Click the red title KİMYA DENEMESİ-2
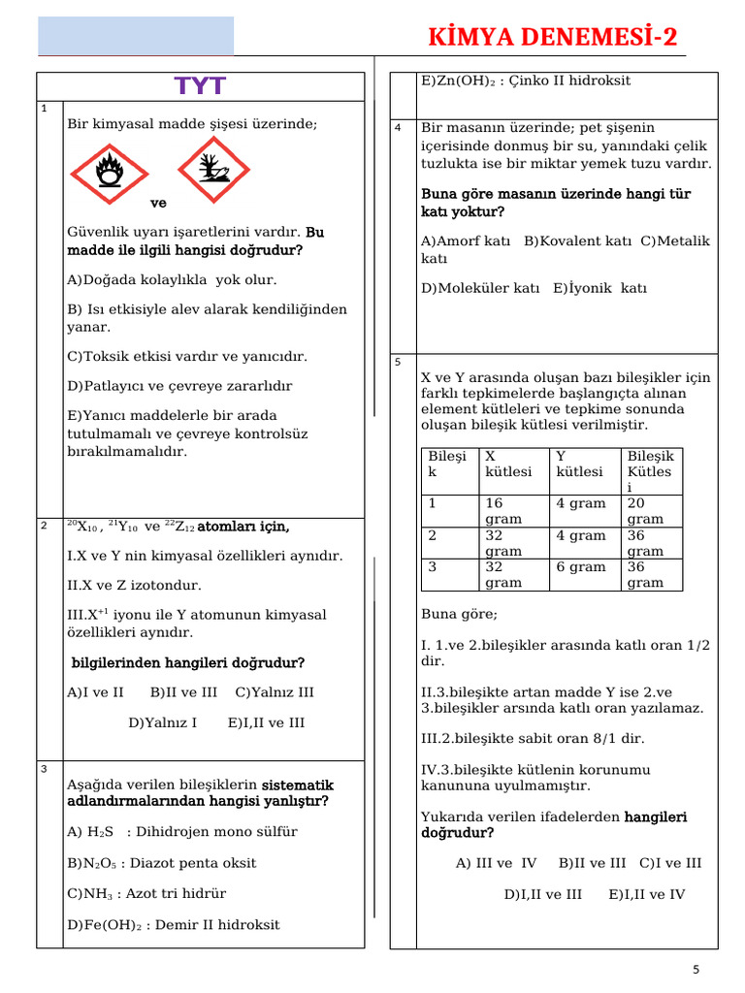[x=553, y=38]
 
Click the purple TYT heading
[x=200, y=86]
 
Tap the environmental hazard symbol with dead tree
[x=213, y=171]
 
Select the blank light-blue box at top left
[x=136, y=36]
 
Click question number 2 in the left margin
[x=45, y=525]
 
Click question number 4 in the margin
[x=398, y=128]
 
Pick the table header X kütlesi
[x=508, y=464]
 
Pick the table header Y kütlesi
[x=580, y=464]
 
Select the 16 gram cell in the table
[x=504, y=511]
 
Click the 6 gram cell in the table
[x=580, y=567]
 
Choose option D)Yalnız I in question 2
[x=163, y=722]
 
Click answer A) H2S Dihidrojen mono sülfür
[x=182, y=832]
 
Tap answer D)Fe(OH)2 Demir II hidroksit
[x=174, y=925]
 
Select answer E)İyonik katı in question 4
[x=599, y=288]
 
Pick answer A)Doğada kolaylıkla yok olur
[x=172, y=280]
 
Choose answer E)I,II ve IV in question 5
[x=647, y=894]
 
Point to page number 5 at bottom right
[x=696, y=970]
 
